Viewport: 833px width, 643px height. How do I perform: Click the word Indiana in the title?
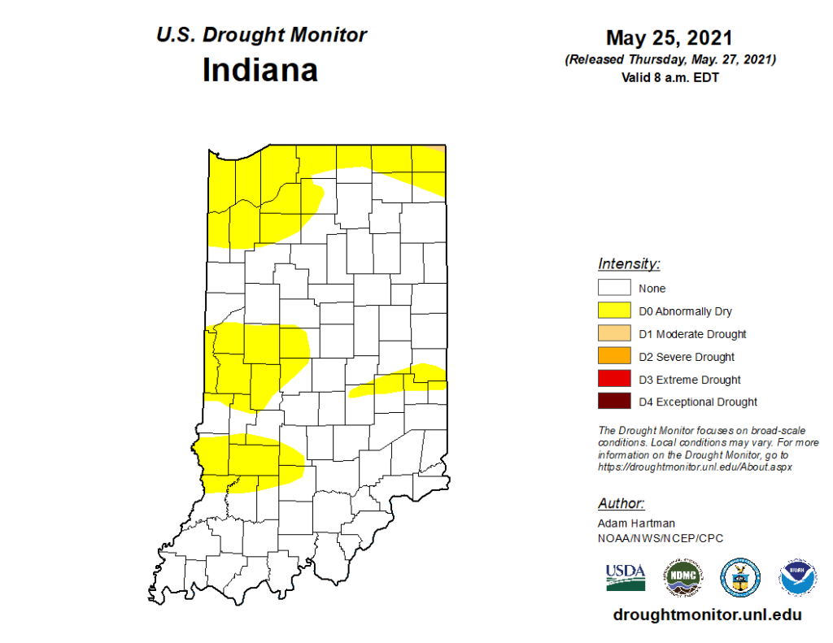point(259,70)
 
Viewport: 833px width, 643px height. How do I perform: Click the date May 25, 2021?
point(669,38)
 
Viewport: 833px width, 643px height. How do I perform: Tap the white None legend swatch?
point(614,288)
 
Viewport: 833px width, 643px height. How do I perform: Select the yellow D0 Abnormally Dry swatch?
point(614,311)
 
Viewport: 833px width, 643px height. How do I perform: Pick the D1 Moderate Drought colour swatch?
point(614,333)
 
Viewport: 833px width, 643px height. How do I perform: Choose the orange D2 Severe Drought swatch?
point(614,356)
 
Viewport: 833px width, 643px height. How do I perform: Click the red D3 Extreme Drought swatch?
point(614,379)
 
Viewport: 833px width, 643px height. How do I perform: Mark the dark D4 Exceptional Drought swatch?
point(614,402)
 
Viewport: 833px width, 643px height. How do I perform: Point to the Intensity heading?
point(629,263)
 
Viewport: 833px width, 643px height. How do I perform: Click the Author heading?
point(621,503)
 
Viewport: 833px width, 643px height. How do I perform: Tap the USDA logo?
point(626,576)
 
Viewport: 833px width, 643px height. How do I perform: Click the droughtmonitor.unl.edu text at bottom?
point(708,615)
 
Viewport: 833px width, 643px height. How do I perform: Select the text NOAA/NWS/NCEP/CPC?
point(660,538)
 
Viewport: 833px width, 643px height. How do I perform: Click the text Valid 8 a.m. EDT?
point(669,78)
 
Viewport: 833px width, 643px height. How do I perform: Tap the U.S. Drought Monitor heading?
point(261,35)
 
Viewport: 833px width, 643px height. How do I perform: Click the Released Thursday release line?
point(669,60)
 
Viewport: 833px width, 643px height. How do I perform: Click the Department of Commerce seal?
point(739,576)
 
